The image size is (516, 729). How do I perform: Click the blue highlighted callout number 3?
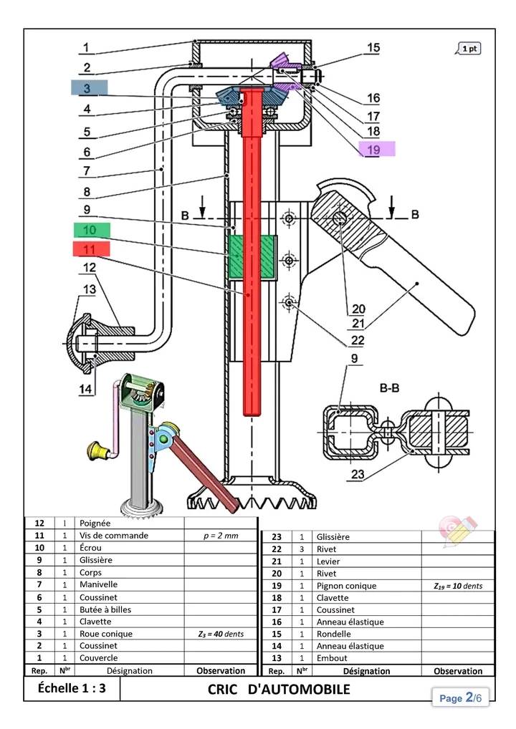pyautogui.click(x=89, y=88)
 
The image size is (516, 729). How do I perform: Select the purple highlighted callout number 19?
pyautogui.click(x=376, y=150)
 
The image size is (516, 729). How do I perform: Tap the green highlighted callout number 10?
pyautogui.click(x=91, y=230)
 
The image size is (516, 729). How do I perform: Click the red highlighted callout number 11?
pyautogui.click(x=91, y=248)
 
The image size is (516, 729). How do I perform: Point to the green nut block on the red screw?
pyautogui.click(x=250, y=257)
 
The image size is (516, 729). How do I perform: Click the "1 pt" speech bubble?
pyautogui.click(x=469, y=49)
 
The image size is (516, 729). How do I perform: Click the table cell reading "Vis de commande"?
pyautogui.click(x=114, y=536)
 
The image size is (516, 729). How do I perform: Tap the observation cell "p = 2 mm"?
pyautogui.click(x=220, y=536)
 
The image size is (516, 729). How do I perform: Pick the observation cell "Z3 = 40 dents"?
pyautogui.click(x=220, y=634)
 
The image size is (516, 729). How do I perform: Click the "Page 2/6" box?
pyautogui.click(x=460, y=697)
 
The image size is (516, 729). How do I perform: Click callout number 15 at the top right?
pyautogui.click(x=373, y=48)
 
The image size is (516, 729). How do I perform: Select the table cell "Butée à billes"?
pyautogui.click(x=105, y=609)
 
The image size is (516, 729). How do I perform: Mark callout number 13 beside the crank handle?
pyautogui.click(x=89, y=289)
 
